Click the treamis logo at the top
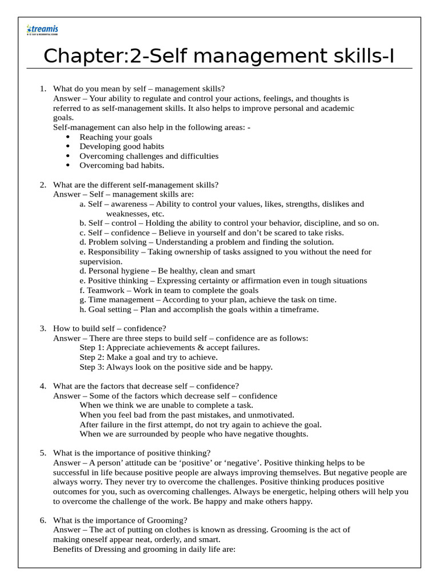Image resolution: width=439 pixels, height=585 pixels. click(42, 30)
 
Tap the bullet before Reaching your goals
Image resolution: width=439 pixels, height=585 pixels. click(68, 137)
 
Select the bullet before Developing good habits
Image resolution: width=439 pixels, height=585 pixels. click(68, 147)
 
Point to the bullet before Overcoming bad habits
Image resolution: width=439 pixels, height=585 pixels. click(68, 166)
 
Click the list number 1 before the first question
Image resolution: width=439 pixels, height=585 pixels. click(42, 89)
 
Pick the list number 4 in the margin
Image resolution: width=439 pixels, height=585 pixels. click(42, 386)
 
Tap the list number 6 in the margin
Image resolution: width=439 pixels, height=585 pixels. click(42, 520)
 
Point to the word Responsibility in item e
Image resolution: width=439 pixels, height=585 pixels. click(113, 252)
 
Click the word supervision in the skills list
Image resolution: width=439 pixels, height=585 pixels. click(101, 261)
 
